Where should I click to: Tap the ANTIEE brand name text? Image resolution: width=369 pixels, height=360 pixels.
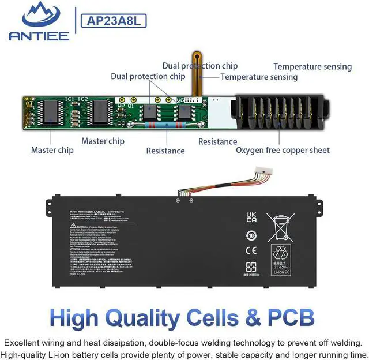[x=39, y=36]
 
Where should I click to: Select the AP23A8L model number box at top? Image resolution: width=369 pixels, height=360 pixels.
[x=115, y=21]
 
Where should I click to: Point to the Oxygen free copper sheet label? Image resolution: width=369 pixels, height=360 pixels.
[x=283, y=150]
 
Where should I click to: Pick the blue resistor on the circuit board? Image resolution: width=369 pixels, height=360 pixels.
[x=167, y=123]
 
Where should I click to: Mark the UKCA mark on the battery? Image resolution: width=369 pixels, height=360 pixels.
[x=251, y=217]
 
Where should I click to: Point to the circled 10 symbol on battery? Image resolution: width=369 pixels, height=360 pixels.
[x=251, y=235]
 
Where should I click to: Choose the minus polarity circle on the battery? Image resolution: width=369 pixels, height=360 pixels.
[x=178, y=200]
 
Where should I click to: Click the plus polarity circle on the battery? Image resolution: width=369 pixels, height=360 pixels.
[x=191, y=200]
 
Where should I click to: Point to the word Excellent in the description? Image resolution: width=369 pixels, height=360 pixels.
[x=23, y=342]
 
